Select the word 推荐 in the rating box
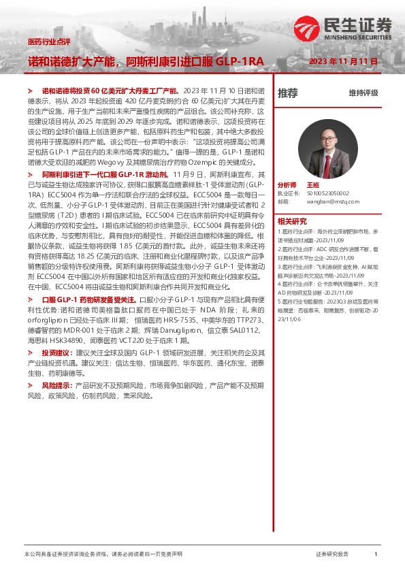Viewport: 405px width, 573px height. point(288,93)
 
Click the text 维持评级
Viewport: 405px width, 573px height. point(363,93)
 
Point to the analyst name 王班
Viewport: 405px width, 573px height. point(312,185)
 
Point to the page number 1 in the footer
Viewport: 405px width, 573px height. point(375,555)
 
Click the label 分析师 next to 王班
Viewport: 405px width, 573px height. point(287,185)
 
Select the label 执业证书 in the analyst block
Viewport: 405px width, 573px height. point(286,193)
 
